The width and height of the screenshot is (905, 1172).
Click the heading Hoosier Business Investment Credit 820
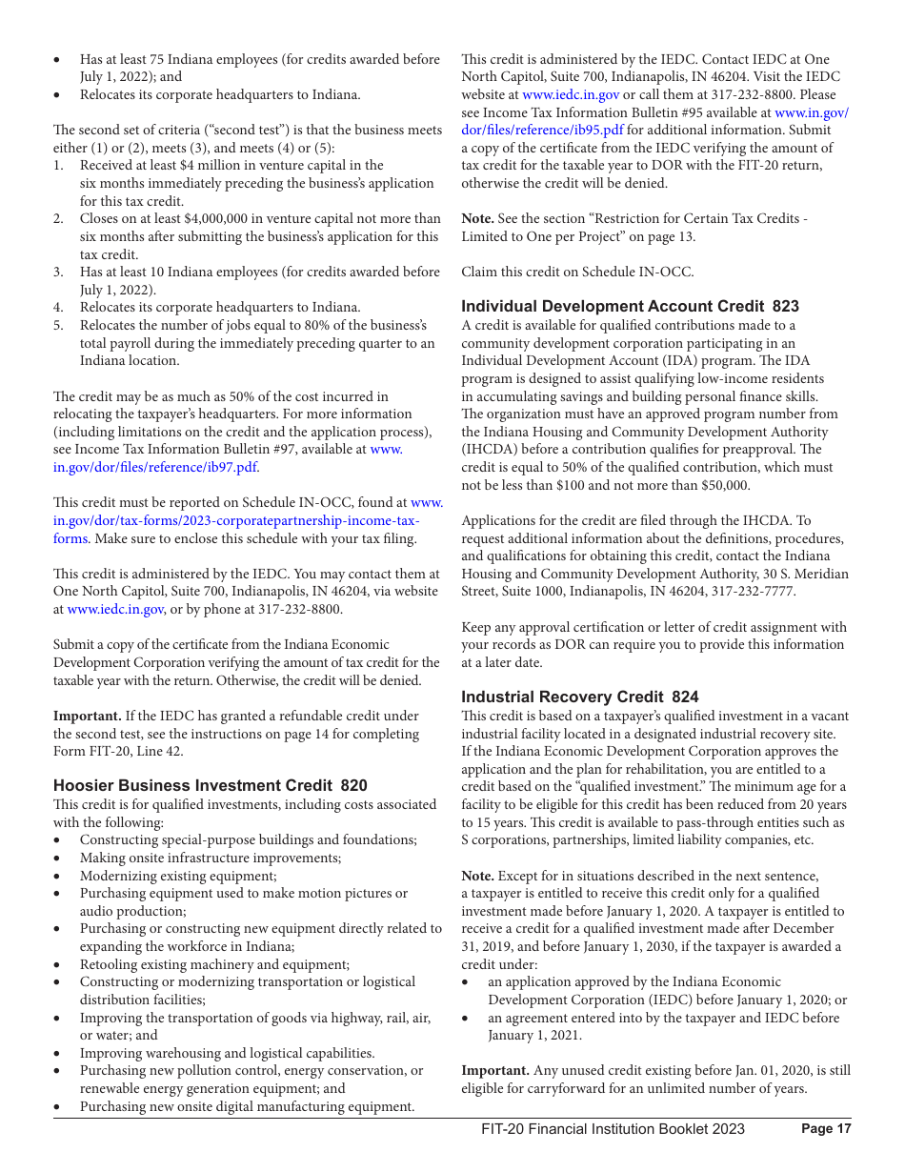(x=210, y=786)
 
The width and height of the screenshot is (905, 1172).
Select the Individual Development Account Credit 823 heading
(x=630, y=306)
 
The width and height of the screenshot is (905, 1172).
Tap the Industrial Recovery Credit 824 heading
(x=579, y=697)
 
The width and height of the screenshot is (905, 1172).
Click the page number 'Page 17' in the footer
(x=826, y=1129)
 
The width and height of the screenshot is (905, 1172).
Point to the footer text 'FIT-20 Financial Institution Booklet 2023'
(x=613, y=1129)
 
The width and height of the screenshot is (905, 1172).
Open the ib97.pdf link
(x=155, y=467)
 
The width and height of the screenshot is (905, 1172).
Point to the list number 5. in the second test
(x=59, y=325)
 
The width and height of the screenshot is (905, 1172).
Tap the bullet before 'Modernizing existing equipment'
(x=59, y=876)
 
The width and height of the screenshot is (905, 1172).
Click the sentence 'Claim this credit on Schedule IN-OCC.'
(x=577, y=272)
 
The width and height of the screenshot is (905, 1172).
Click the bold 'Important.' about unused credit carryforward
(x=494, y=1071)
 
